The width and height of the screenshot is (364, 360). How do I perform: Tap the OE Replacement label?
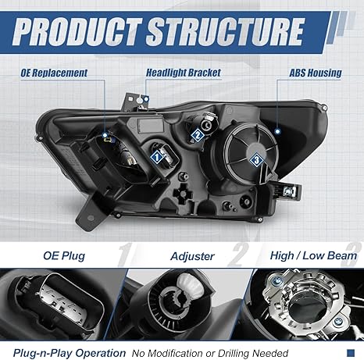coord(54,73)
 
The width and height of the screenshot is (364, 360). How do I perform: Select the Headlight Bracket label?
coord(184,73)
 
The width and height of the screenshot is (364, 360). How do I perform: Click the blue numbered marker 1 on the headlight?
coord(157,156)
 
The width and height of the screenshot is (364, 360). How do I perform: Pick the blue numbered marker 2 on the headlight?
coord(198,134)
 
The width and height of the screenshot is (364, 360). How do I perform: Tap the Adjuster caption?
coord(190,255)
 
